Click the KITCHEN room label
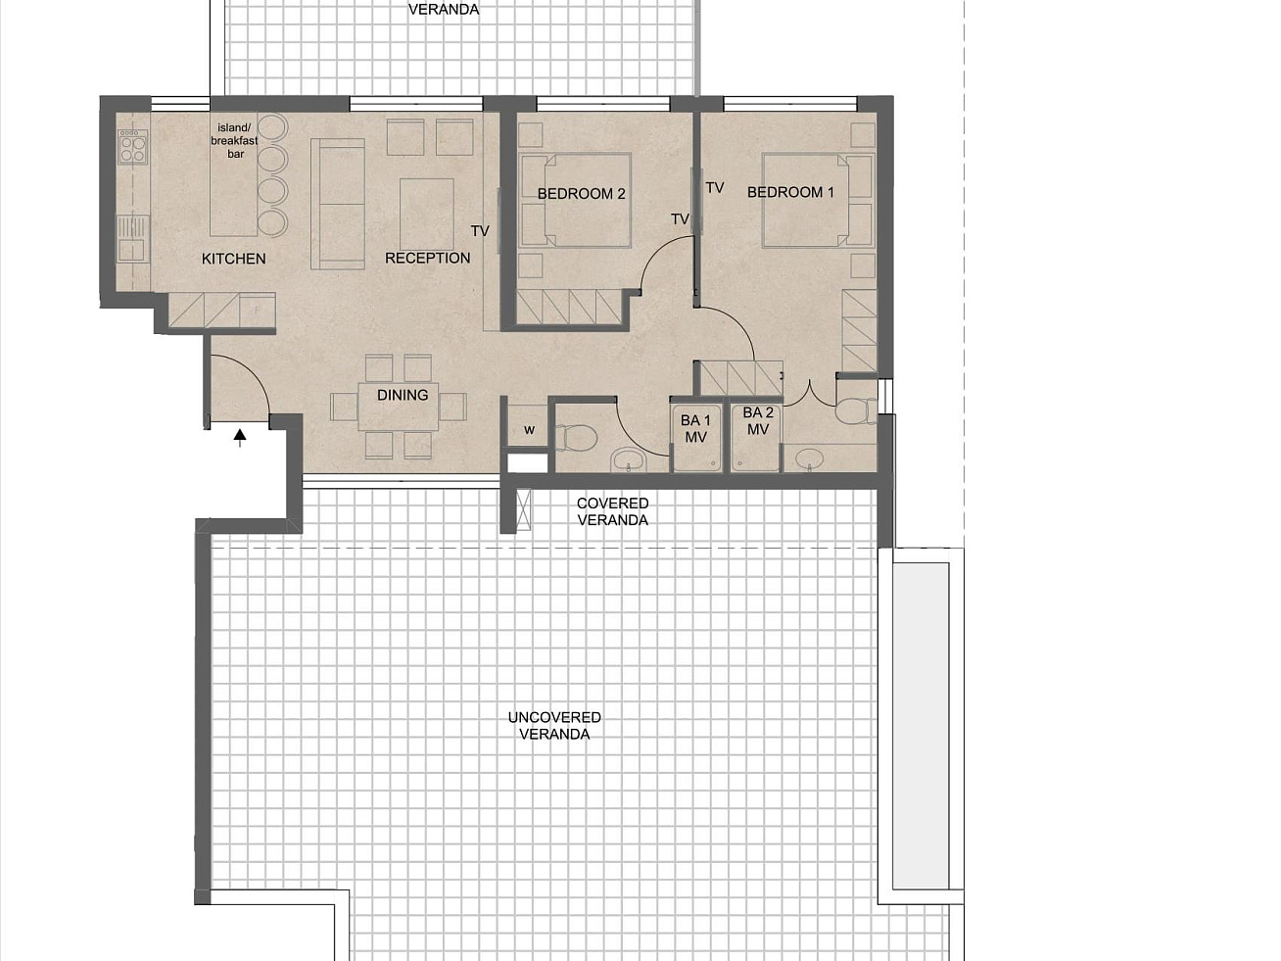click(233, 259)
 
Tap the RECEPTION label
click(427, 258)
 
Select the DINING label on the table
click(403, 395)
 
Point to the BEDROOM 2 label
click(582, 194)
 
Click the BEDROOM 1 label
click(790, 192)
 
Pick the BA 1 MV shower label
click(695, 428)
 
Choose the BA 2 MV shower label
click(757, 420)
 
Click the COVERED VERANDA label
click(612, 511)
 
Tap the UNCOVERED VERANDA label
click(554, 725)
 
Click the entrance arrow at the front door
click(239, 438)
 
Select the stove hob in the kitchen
click(133, 147)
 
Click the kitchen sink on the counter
click(132, 238)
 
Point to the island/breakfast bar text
click(235, 141)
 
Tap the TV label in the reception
click(480, 231)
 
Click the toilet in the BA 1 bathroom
click(575, 438)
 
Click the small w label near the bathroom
click(529, 431)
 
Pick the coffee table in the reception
click(427, 215)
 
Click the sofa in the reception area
click(337, 204)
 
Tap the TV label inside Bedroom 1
click(715, 188)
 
